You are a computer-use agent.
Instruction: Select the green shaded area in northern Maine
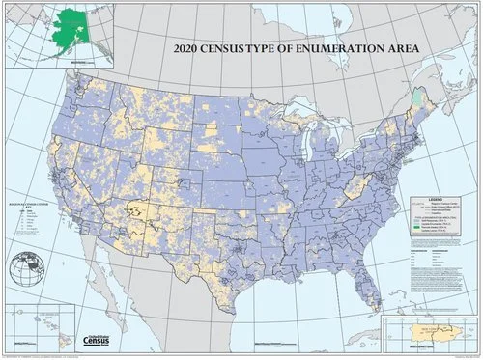[416, 97]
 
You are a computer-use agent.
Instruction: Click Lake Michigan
[307, 145]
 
